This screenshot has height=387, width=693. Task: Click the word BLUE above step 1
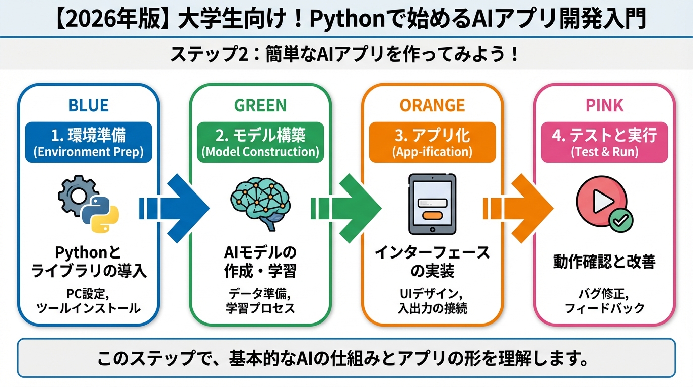pos(88,105)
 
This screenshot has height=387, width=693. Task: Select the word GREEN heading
pos(260,105)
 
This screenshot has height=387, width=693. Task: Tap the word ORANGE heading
pos(432,105)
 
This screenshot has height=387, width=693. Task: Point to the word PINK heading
pos(604,105)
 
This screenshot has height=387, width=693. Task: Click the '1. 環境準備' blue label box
pos(88,142)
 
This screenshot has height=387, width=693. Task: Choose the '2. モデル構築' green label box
pos(260,142)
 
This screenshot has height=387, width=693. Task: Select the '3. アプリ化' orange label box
pos(432,142)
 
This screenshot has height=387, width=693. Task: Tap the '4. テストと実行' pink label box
pos(604,142)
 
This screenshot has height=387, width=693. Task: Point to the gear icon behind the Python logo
pos(74,194)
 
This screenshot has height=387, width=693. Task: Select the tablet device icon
pos(432,204)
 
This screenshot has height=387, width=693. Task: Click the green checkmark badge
pos(621,220)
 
